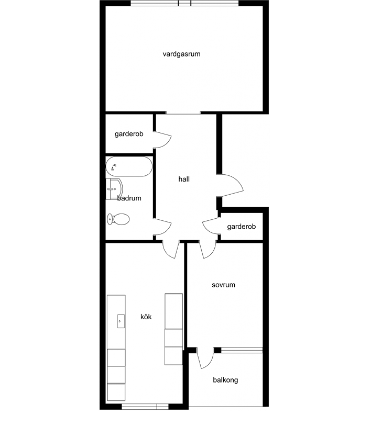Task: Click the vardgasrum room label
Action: [181, 54]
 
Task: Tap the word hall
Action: [184, 179]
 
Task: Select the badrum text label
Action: [129, 198]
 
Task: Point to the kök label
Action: [146, 317]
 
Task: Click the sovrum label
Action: [223, 285]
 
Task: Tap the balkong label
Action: [225, 380]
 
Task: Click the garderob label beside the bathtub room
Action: [129, 134]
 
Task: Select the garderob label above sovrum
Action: [242, 227]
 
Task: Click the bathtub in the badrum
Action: [129, 166]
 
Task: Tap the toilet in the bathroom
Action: [118, 219]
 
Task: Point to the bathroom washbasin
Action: [114, 189]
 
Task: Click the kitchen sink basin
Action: [121, 321]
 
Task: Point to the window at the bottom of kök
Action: [145, 407]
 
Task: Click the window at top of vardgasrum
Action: [184, 3]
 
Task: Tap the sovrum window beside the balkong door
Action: [242, 350]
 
